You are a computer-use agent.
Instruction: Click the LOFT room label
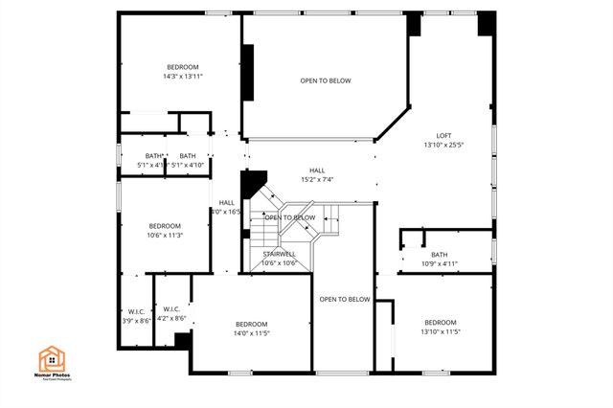point(443,135)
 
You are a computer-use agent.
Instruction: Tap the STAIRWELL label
point(279,254)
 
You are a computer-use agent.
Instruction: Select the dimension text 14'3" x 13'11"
point(183,76)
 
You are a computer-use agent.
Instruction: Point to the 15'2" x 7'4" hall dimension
point(316,179)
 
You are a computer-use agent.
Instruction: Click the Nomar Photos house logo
point(52,359)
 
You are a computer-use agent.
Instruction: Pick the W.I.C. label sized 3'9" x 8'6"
point(137,310)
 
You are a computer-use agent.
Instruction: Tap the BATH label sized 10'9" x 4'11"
point(440,254)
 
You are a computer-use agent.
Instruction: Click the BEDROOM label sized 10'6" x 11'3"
point(165,225)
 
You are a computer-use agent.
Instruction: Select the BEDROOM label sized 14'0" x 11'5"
point(252,323)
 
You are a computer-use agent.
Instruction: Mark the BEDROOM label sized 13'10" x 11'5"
point(441,322)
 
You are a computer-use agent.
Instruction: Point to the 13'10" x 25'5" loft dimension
point(443,146)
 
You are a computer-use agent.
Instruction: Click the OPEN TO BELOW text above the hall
point(325,80)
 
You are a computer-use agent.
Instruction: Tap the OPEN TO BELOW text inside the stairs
point(290,217)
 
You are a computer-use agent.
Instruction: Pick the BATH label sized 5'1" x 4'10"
point(188,156)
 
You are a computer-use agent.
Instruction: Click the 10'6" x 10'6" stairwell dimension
point(279,263)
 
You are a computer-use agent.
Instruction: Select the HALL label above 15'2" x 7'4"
point(316,170)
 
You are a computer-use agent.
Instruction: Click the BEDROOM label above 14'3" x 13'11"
point(183,66)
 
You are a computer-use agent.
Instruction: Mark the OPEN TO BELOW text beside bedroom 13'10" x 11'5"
point(345,300)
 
